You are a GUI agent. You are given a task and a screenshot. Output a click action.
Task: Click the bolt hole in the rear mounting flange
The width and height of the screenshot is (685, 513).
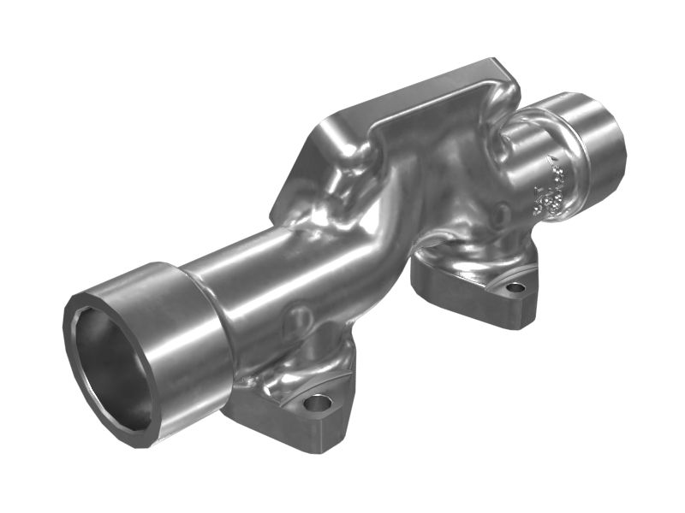coord(515,287)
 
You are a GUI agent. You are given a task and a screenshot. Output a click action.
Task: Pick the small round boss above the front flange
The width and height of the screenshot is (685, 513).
coord(299,319)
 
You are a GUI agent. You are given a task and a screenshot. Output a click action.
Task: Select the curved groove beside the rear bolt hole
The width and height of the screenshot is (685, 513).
coord(497,282)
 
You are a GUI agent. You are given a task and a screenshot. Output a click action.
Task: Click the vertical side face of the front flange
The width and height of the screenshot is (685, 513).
coord(283,432)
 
